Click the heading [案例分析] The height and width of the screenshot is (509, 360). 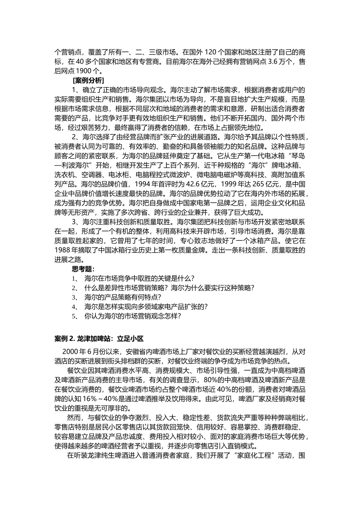[88, 81]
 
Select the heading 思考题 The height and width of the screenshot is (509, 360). [83, 269]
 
